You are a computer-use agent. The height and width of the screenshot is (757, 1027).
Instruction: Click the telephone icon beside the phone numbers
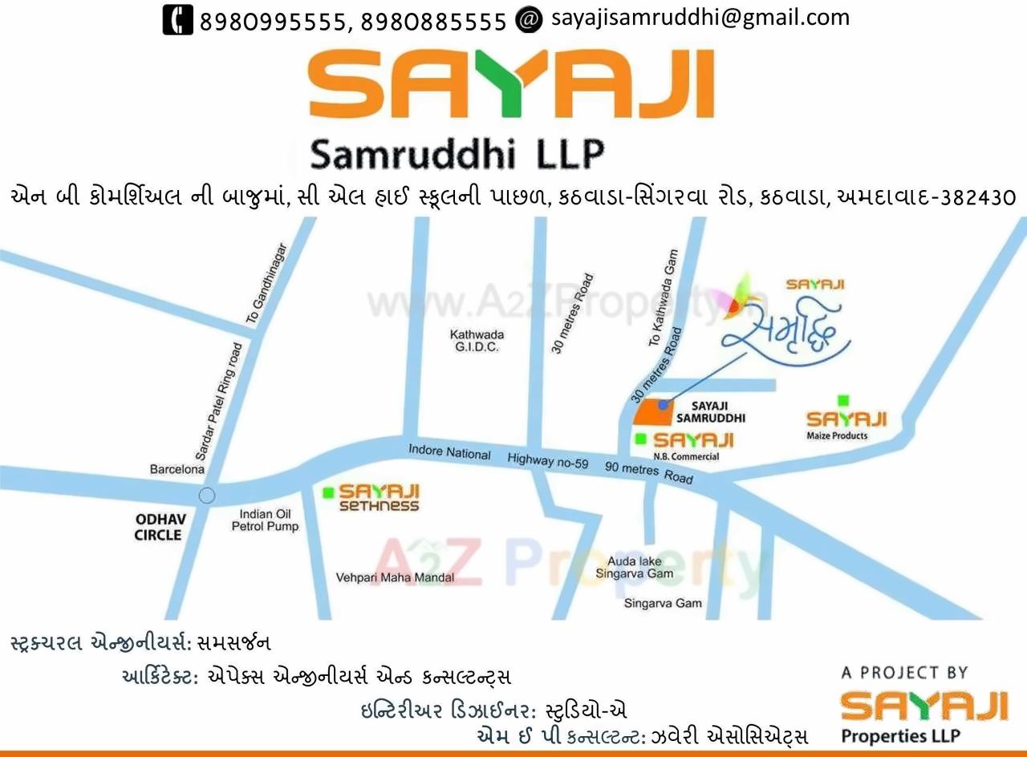click(x=177, y=19)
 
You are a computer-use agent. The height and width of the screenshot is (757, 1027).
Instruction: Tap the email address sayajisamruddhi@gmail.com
click(x=700, y=18)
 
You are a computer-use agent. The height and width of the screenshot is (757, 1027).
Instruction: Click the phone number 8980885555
click(x=433, y=22)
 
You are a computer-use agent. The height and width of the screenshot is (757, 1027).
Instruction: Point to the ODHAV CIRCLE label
click(x=160, y=527)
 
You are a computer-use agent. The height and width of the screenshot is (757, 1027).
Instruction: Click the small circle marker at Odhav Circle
click(x=207, y=496)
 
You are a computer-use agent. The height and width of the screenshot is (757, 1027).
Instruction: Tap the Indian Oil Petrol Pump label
click(x=265, y=520)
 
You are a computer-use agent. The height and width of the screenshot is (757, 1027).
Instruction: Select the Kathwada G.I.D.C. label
click(x=477, y=341)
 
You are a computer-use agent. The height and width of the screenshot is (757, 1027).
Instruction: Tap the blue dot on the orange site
click(x=663, y=405)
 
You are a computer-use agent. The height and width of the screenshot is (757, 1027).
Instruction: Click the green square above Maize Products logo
click(x=842, y=400)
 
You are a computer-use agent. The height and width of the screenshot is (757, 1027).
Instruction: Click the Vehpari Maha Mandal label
click(x=395, y=577)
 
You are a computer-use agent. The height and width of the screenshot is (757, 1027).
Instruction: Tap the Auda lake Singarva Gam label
click(x=634, y=568)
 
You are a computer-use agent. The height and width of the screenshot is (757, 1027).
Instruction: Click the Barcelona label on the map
click(x=177, y=469)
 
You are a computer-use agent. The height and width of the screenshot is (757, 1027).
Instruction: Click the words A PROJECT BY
click(x=904, y=673)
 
